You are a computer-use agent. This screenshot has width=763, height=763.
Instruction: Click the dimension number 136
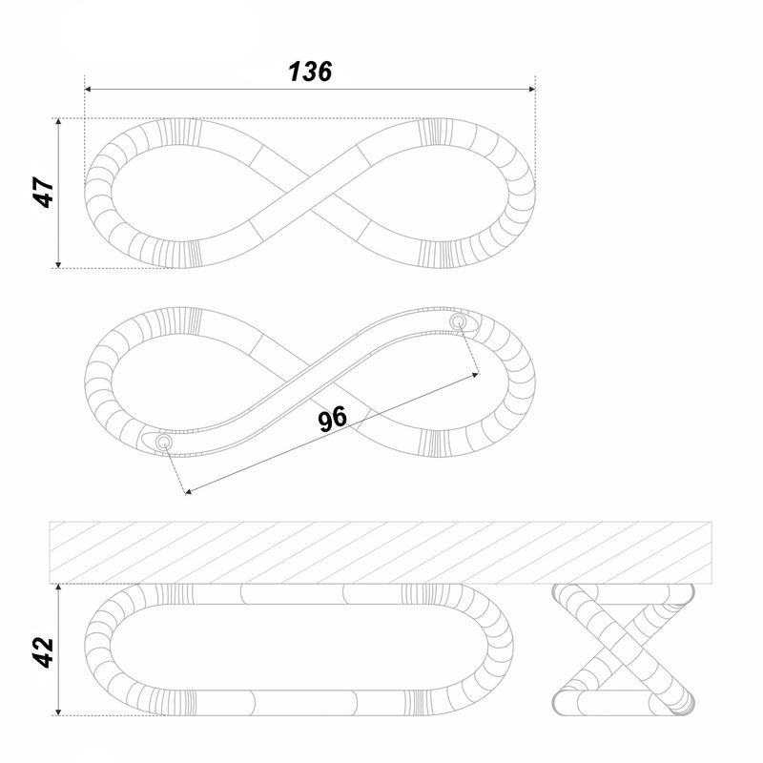point(310,72)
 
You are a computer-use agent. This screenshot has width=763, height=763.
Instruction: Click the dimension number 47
point(43,193)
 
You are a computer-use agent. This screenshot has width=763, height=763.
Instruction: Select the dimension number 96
point(332,419)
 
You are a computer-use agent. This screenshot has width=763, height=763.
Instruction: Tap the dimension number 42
point(43,652)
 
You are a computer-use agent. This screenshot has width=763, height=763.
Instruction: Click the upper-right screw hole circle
point(458,321)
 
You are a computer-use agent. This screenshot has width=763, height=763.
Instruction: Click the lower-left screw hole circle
point(163,443)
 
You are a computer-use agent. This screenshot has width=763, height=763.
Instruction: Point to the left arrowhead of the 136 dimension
point(88,90)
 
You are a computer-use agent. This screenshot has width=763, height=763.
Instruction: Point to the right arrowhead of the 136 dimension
point(532,90)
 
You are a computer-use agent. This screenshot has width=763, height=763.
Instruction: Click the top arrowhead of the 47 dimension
point(58,122)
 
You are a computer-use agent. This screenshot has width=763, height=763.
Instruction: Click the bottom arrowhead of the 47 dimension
point(58,264)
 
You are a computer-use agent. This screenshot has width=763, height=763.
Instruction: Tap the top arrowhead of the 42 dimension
point(58,588)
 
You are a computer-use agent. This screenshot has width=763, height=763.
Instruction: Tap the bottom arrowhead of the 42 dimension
point(58,711)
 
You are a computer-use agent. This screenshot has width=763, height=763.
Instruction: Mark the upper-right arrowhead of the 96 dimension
point(475,375)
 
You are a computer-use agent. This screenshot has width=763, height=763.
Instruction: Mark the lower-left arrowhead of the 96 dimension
point(189,492)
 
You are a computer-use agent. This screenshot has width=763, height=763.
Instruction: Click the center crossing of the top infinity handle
point(310,193)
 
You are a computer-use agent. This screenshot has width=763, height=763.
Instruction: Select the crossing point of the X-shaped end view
point(624,650)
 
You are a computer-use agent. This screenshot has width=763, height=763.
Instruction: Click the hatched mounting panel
point(380,553)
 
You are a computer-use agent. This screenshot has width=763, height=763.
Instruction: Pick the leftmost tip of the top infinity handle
point(85,193)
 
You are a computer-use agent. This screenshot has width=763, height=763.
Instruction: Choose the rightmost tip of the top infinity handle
point(535,193)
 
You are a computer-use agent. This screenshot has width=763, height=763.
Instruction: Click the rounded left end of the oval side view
point(97,650)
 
